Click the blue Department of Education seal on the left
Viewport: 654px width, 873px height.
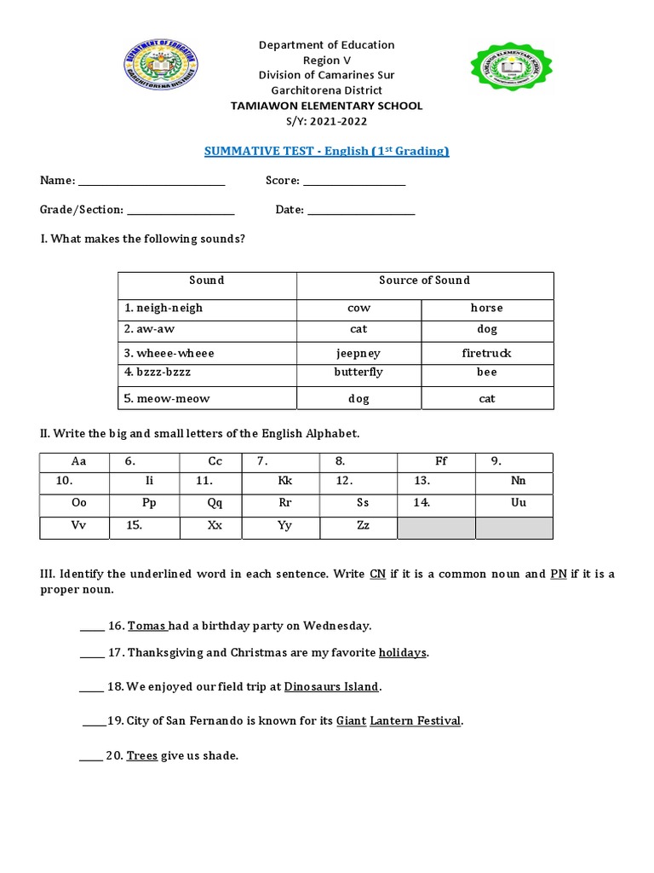pyautogui.click(x=161, y=68)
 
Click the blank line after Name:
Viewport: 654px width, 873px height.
pyautogui.click(x=152, y=182)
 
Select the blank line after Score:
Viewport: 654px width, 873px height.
pyautogui.click(x=354, y=182)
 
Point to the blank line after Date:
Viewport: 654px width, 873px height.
pyautogui.click(x=361, y=211)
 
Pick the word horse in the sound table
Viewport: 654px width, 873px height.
pyautogui.click(x=486, y=308)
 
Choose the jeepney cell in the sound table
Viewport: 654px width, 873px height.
pyautogui.click(x=359, y=353)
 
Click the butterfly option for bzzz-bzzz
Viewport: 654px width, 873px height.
pyautogui.click(x=359, y=373)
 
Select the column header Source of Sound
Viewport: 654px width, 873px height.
pyautogui.click(x=424, y=280)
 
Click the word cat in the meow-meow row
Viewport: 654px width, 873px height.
pyautogui.click(x=487, y=398)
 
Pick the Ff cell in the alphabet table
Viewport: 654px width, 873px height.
pyautogui.click(x=441, y=461)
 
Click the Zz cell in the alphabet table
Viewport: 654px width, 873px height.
pyautogui.click(x=363, y=526)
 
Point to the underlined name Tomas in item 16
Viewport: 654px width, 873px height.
pyautogui.click(x=146, y=626)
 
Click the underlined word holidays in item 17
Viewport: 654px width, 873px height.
pyautogui.click(x=403, y=653)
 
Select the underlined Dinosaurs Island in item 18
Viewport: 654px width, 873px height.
pyautogui.click(x=332, y=686)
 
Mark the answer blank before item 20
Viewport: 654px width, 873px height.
pyautogui.click(x=91, y=756)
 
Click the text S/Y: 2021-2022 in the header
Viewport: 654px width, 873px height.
pyautogui.click(x=326, y=121)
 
